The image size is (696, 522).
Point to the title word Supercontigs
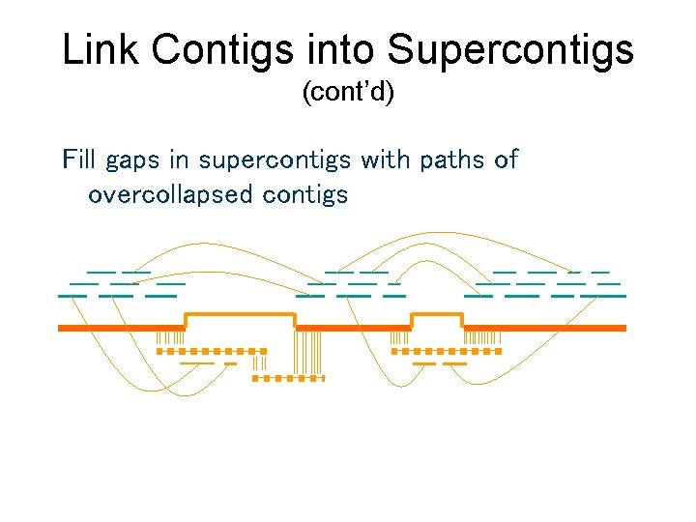(507, 51)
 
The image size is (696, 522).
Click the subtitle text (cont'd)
(348, 94)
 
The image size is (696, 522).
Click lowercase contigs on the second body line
(304, 195)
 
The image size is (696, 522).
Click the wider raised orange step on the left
(240, 315)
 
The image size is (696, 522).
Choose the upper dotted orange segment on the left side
(212, 352)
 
